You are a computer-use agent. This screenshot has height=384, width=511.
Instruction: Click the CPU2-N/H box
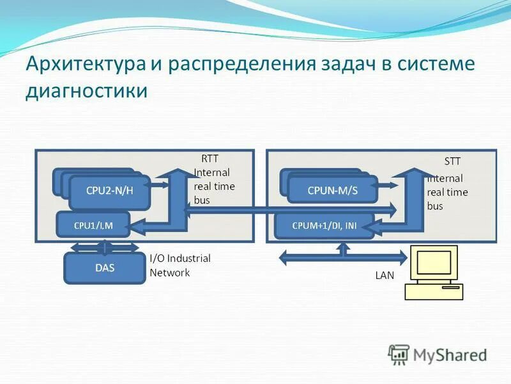109,191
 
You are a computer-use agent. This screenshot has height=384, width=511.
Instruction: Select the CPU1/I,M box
93,225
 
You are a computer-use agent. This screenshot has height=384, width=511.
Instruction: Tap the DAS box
105,268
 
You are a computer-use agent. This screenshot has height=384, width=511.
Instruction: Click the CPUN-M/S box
332,190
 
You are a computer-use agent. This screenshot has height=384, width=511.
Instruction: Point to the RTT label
210,159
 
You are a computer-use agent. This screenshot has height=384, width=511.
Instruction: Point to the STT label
452,161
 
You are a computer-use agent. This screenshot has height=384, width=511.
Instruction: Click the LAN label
385,276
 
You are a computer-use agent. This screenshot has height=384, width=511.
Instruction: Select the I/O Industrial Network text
179,265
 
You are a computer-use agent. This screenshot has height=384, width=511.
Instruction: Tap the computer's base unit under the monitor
434,292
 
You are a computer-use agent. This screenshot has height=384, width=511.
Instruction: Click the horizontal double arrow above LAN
344,257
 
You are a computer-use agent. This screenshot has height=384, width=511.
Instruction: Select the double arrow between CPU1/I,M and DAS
105,246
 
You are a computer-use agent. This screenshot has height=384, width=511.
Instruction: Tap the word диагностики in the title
86,91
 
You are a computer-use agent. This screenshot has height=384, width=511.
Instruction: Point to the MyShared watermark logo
438,354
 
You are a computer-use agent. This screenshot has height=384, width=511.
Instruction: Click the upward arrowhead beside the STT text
416,173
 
